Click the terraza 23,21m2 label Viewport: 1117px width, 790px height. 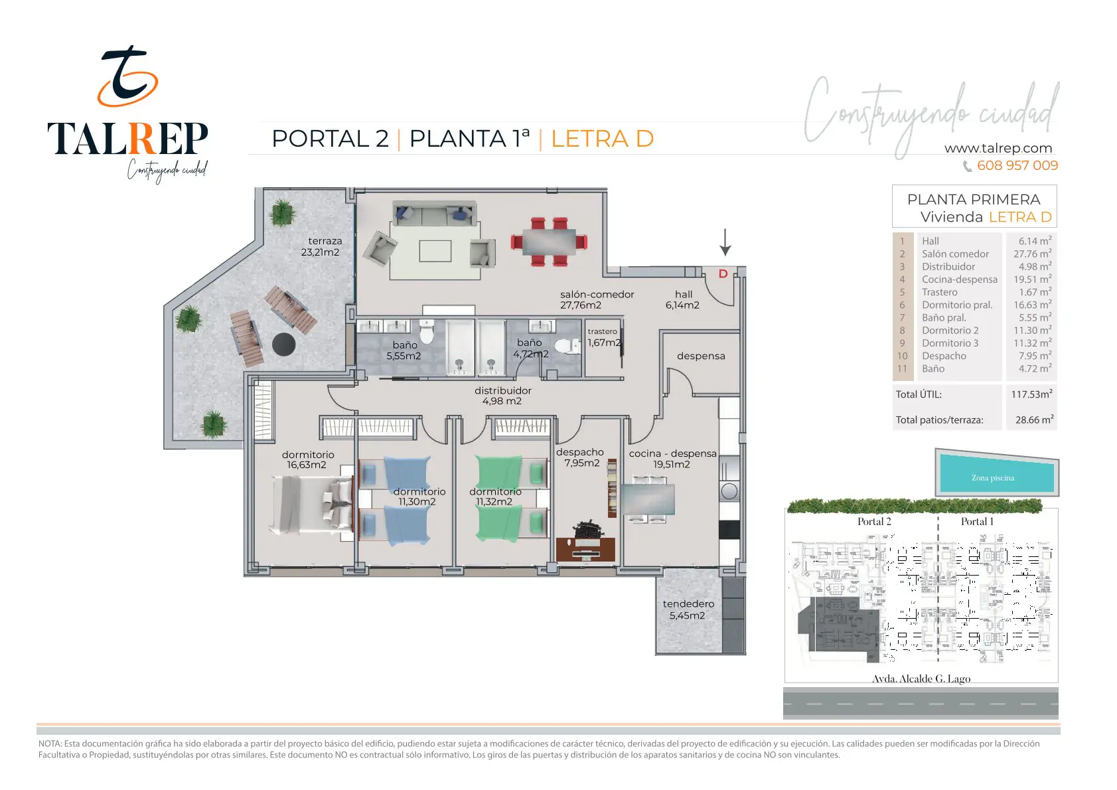point(321,246)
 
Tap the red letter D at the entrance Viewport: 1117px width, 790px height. point(723,274)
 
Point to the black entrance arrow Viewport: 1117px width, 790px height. point(725,242)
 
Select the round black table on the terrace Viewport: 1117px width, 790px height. point(284,344)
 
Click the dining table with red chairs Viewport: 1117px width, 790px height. point(549,242)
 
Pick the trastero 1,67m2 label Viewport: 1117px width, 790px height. point(603,337)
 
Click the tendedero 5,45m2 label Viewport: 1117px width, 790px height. point(688,609)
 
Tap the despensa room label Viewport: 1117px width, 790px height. point(701,356)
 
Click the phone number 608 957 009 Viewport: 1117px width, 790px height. point(1017,165)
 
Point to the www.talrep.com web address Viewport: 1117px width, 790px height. point(998,148)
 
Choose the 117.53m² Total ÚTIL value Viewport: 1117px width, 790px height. point(1031,394)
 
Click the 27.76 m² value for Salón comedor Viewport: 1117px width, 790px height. point(1032,254)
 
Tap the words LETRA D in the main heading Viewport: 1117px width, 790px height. point(602,139)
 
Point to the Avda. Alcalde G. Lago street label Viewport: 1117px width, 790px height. point(921,678)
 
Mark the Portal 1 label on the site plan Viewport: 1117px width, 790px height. point(977,521)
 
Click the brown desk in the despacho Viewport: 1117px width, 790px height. point(585,548)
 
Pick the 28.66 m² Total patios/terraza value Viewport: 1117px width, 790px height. point(1034,420)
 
